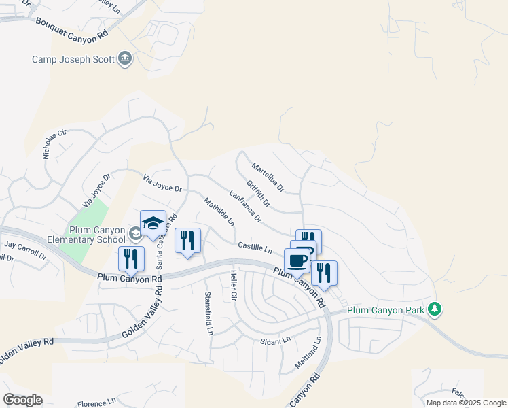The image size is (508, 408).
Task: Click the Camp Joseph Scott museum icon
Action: (x=125, y=59)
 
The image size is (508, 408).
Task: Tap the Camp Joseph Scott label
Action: (x=74, y=59)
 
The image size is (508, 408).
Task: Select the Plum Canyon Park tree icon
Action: (x=435, y=310)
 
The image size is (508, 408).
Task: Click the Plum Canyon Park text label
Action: (x=385, y=311)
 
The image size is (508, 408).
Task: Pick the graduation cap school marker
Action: (x=153, y=223)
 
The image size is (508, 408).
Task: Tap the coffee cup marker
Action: (x=297, y=260)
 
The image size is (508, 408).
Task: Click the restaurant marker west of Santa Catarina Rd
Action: (x=131, y=258)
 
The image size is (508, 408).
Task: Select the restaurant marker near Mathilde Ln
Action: (x=187, y=240)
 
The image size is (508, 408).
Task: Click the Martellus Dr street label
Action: (x=268, y=177)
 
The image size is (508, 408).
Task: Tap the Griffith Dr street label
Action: (x=259, y=194)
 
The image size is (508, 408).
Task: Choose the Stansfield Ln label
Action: (x=208, y=312)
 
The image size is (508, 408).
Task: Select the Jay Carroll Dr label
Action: (x=25, y=250)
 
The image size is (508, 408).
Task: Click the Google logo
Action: (x=22, y=399)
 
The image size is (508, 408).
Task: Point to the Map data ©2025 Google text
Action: (x=465, y=403)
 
